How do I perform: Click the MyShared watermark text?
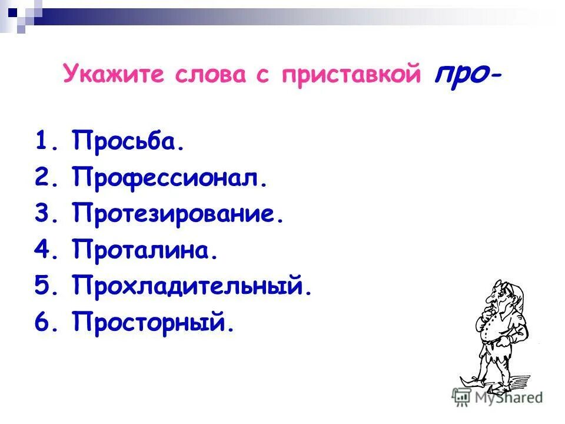(513, 397)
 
